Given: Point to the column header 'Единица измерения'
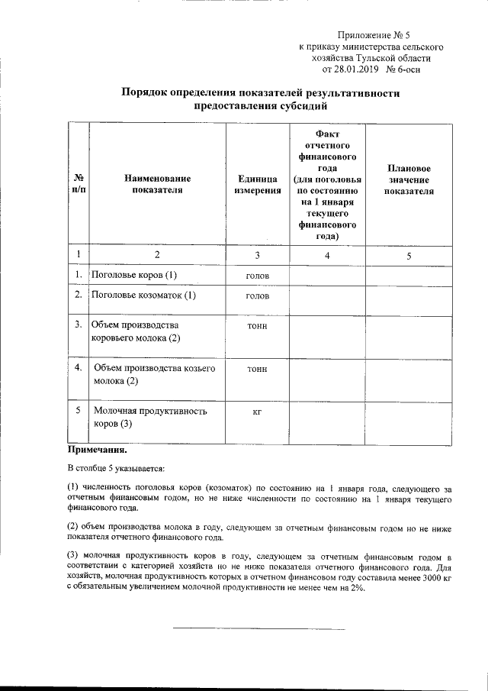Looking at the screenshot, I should [x=257, y=184].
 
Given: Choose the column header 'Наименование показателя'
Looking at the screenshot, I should [x=158, y=184].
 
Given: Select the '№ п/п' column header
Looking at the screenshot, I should [x=78, y=184].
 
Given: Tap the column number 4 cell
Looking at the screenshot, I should [x=327, y=256].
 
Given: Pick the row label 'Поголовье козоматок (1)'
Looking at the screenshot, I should [x=143, y=295].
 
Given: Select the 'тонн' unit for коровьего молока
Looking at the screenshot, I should [x=257, y=326].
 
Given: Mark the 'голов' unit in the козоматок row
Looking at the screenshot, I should [x=257, y=295].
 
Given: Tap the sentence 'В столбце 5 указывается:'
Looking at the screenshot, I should [x=116, y=467].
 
